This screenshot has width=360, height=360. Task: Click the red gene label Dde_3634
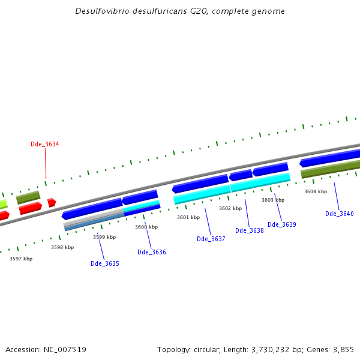(x=45, y=144)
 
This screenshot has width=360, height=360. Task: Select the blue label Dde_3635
(x=105, y=263)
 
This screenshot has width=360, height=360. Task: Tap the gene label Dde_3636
(x=152, y=252)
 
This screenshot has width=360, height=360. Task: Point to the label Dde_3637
(x=211, y=239)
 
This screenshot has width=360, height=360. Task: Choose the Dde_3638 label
(x=250, y=230)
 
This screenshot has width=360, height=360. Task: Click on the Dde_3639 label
(x=282, y=224)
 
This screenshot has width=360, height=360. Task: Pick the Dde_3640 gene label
(x=340, y=214)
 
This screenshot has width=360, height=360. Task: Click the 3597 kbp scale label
(x=21, y=259)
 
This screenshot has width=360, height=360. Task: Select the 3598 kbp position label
(x=62, y=247)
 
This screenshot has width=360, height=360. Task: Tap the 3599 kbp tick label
(x=104, y=237)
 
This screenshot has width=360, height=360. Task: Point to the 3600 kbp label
(x=146, y=227)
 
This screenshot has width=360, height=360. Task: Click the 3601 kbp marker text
(x=188, y=217)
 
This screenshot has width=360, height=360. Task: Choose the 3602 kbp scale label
(x=230, y=208)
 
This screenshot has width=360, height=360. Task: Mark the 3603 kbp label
(x=273, y=200)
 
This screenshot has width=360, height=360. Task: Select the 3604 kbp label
(x=316, y=191)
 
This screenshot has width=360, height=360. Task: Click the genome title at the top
(x=180, y=11)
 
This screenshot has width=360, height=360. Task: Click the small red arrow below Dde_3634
(x=52, y=202)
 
